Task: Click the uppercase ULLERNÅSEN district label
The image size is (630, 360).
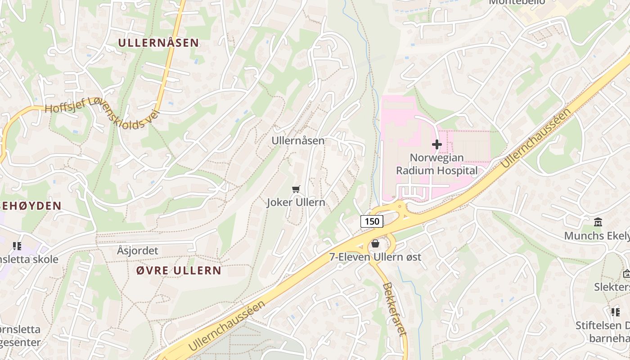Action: pyautogui.click(x=158, y=43)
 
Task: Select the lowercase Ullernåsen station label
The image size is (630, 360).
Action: pyautogui.click(x=297, y=141)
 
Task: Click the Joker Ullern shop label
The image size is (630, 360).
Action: pyautogui.click(x=296, y=202)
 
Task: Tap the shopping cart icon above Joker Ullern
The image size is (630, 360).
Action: pyautogui.click(x=296, y=189)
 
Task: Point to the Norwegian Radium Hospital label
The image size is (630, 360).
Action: pyautogui.click(x=436, y=164)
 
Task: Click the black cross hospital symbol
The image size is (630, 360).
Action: pyautogui.click(x=436, y=144)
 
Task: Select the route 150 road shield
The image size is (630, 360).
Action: pyautogui.click(x=372, y=221)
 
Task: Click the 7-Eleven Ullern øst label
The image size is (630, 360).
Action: pyautogui.click(x=375, y=257)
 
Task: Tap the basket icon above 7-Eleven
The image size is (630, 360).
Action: pyautogui.click(x=375, y=243)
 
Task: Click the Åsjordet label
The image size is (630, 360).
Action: pyautogui.click(x=137, y=251)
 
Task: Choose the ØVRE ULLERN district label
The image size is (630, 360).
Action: pyautogui.click(x=179, y=270)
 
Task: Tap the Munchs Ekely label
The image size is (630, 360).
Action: pyautogui.click(x=597, y=236)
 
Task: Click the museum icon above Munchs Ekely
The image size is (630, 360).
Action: pyautogui.click(x=598, y=222)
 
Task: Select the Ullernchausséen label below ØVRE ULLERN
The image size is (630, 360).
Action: pyautogui.click(x=226, y=326)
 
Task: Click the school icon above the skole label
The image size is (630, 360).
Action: pyautogui.click(x=17, y=246)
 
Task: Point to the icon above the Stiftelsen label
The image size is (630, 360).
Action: pyautogui.click(x=615, y=312)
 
